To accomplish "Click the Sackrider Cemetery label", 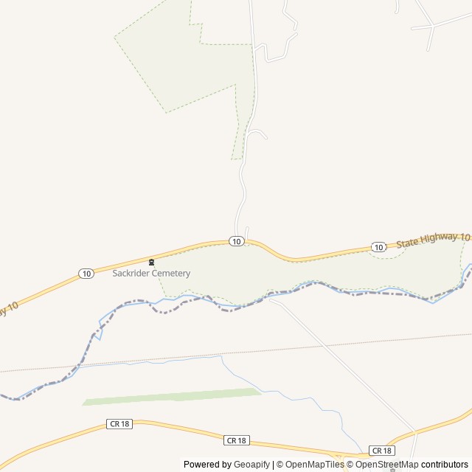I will pos(151,273).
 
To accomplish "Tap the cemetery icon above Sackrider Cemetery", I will pos(151,262).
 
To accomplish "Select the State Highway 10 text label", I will pos(433,239).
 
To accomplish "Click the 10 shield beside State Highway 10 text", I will pos(378,247).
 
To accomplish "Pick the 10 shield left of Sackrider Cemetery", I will pos(87,274).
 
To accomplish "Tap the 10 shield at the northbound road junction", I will pos(235,241).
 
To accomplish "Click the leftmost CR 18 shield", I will pos(118,424).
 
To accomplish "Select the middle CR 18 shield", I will pos(236,440).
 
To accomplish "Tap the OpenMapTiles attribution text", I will pos(314,465).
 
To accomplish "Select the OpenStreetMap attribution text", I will pos(387,465).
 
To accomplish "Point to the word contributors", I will pos(445,465).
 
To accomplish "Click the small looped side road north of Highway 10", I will pos(257,133).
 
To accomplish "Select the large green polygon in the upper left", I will pos(177,59).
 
